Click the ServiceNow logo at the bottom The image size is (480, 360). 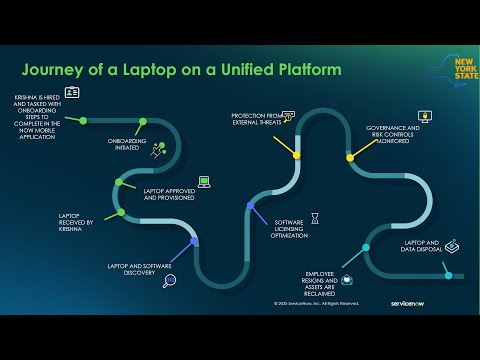click(390, 301)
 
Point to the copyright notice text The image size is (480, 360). click(315, 302)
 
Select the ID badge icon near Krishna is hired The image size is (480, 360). click(72, 92)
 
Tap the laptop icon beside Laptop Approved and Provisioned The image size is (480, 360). click(204, 181)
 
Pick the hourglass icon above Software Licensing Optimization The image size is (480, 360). click(314, 216)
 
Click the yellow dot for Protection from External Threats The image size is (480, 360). click(297, 155)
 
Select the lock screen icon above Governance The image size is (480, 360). click(423, 117)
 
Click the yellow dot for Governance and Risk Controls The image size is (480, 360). click(350, 157)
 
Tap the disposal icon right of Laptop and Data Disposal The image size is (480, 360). click(451, 245)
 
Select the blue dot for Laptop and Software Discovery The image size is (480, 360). click(195, 240)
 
